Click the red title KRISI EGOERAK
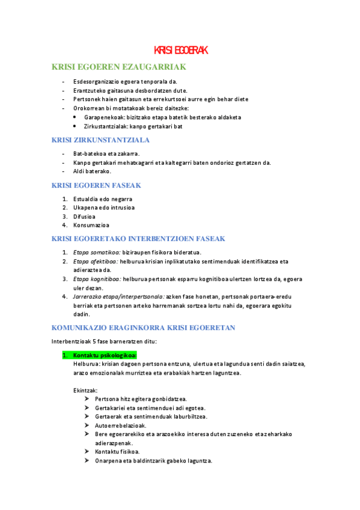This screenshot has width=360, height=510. (x=180, y=50)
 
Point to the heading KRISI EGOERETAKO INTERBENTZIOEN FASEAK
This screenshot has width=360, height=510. (x=138, y=239)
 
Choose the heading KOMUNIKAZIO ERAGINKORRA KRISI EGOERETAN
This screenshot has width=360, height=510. (x=143, y=328)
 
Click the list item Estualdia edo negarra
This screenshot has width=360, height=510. (x=103, y=199)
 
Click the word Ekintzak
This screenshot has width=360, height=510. (x=85, y=390)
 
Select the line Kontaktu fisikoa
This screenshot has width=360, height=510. (x=117, y=451)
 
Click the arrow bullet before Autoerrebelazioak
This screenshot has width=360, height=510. (x=88, y=425)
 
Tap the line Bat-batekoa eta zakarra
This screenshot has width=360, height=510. (x=106, y=154)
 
